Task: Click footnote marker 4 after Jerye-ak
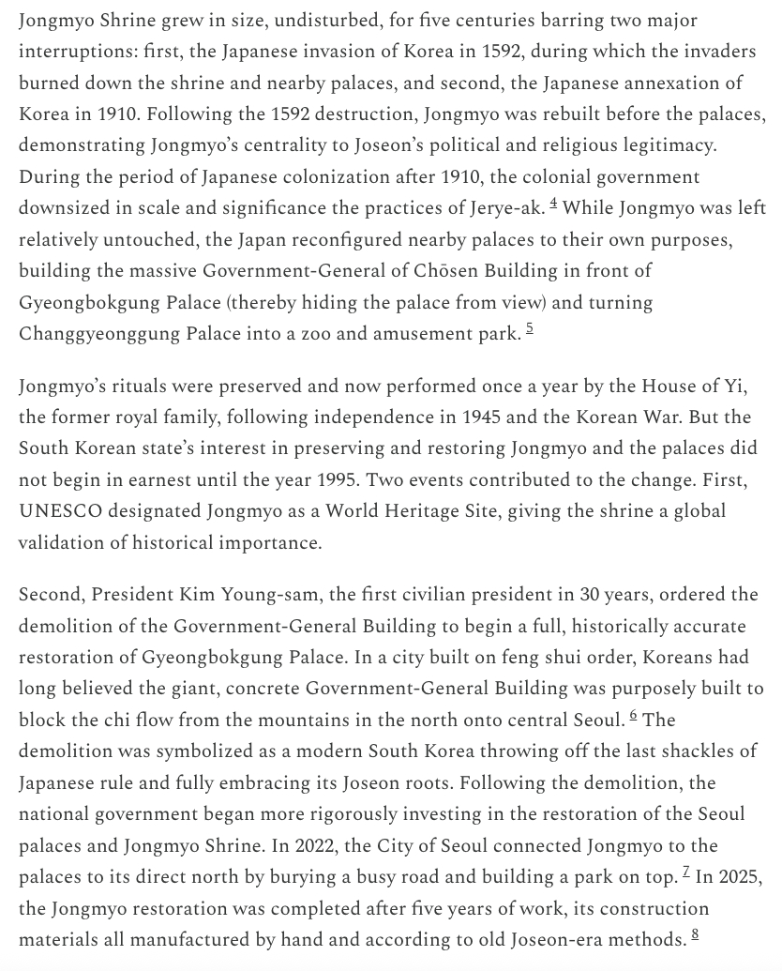pos(554,204)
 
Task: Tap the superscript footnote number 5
pos(530,329)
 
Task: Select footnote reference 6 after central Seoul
pos(634,716)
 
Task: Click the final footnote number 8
pos(695,934)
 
